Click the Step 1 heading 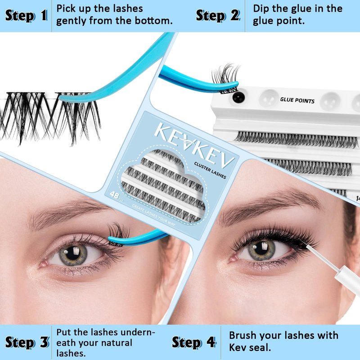pos(26,16)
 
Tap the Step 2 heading pos(218,16)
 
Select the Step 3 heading pos(27,342)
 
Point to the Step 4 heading pos(194,342)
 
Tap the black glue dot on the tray pos(238,97)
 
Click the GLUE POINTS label pos(297,100)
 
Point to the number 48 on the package pos(114,195)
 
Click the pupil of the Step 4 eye pos(261,248)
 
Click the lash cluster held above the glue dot pos(225,79)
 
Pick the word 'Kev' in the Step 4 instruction pos(237,348)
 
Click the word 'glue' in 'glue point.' pos(264,21)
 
